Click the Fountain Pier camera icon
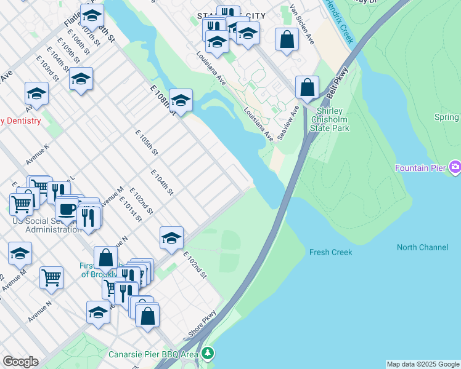coord(455,167)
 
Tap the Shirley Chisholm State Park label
coord(330,119)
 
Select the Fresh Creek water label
coord(330,252)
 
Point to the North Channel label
coord(422,247)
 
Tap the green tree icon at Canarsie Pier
coord(208,354)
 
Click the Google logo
coord(20,361)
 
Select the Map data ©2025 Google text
coord(423,364)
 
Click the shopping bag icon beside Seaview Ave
coord(307,87)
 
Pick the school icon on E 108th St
coord(181,100)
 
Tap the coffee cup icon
coord(67,209)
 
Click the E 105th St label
coord(147,142)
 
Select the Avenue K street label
coord(37,154)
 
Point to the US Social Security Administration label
coord(46,225)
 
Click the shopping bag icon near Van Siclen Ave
coord(287,40)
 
